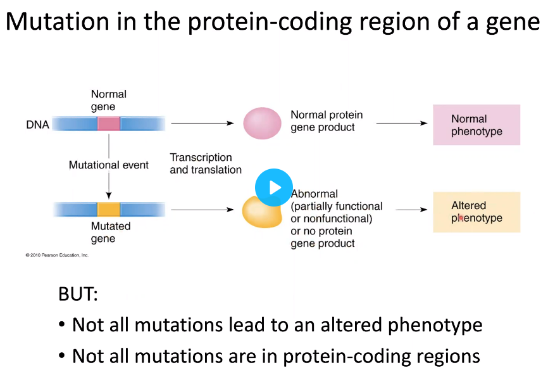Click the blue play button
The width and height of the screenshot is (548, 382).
[x=273, y=188]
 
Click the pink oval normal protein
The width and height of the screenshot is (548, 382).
[x=263, y=123]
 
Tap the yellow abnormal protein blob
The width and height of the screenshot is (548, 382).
[x=261, y=210]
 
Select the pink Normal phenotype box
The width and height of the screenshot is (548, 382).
[x=476, y=125]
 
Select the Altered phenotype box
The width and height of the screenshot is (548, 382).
[x=476, y=212]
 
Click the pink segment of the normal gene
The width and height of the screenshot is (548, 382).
[x=108, y=123]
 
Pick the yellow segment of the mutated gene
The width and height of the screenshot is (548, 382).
[x=108, y=210]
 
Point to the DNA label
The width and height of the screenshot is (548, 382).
[x=37, y=125]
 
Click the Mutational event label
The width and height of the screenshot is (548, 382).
[x=108, y=165]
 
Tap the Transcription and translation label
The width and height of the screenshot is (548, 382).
[x=206, y=163]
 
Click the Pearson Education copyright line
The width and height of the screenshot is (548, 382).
[x=57, y=255]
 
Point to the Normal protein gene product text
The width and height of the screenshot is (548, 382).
[x=326, y=121]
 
